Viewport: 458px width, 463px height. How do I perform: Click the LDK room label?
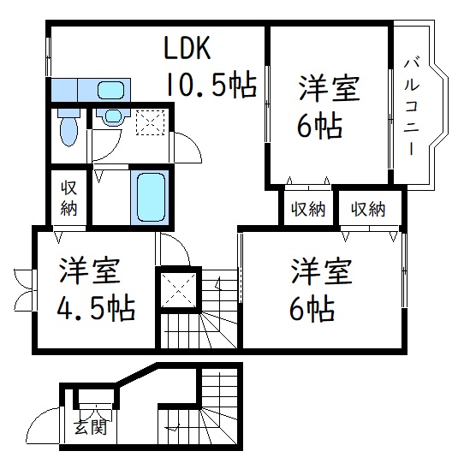click(187, 49)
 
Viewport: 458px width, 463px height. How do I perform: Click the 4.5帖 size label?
click(95, 307)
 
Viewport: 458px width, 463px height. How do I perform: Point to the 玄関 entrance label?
click(85, 425)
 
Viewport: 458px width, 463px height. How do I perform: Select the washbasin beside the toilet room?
click(110, 120)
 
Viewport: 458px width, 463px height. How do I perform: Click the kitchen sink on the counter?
click(110, 90)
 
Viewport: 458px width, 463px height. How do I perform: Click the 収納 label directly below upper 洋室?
click(308, 209)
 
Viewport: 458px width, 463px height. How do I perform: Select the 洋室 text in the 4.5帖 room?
click(95, 272)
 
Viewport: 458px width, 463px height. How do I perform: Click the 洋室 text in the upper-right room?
click(328, 89)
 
